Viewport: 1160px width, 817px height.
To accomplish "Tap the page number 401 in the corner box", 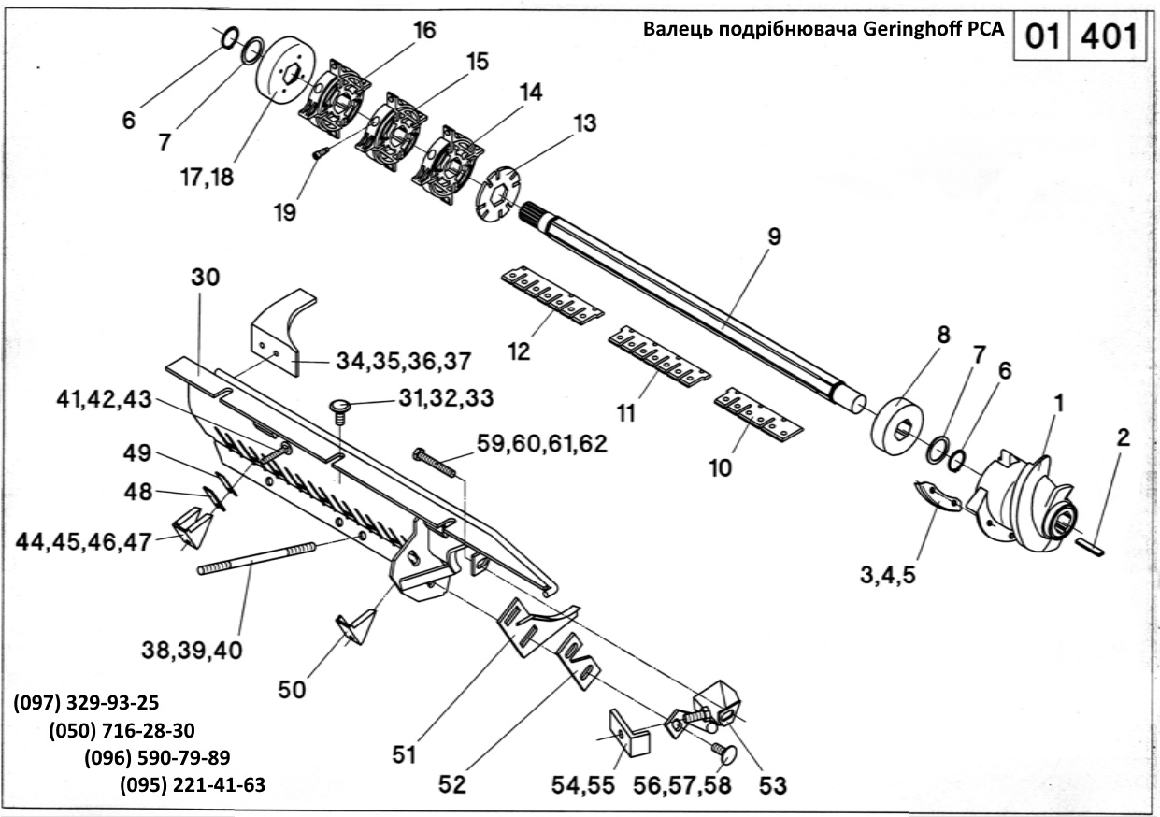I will (x=1109, y=37).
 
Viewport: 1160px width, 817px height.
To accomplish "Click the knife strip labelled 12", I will (x=550, y=296).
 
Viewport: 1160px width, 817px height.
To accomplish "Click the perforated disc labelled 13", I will (x=496, y=193).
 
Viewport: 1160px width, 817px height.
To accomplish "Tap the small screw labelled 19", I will (x=320, y=152).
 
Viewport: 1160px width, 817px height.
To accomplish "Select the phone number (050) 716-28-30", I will (x=122, y=730).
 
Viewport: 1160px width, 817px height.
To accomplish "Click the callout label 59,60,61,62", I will (x=542, y=442).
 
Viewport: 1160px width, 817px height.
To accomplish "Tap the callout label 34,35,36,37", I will (x=392, y=361).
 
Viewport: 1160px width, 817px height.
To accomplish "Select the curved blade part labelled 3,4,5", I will (x=936, y=495).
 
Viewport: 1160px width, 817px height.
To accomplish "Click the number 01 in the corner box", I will (x=1040, y=37).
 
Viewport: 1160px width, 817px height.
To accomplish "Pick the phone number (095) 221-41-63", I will (x=193, y=784).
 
